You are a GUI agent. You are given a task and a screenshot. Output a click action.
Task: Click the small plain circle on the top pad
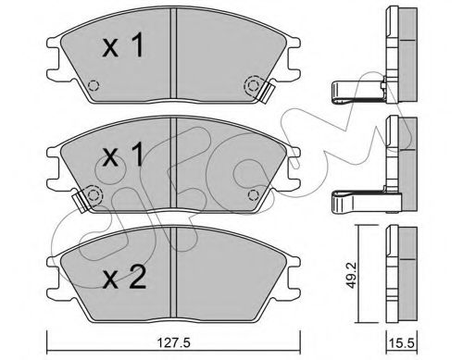click(x=92, y=90)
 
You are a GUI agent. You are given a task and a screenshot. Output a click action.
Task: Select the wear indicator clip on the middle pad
click(x=91, y=196)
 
